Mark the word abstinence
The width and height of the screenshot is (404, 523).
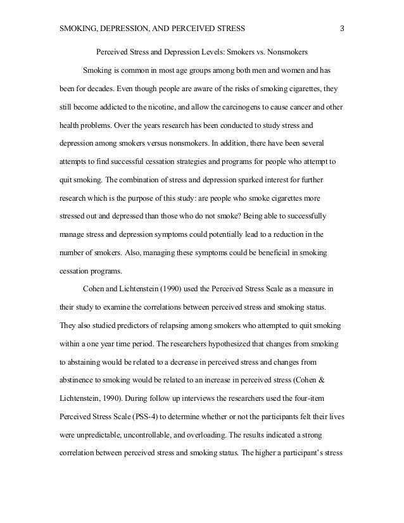(76, 381)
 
